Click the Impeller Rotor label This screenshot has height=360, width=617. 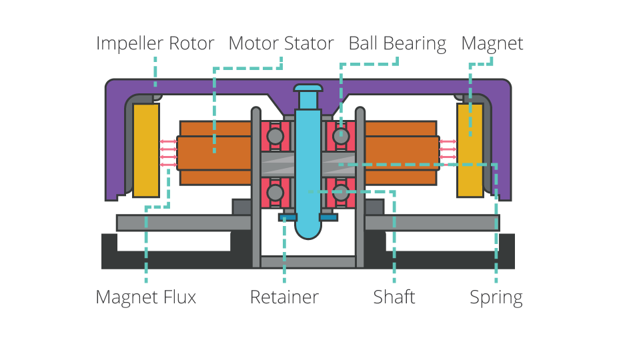(x=155, y=44)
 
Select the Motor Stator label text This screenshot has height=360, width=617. (x=281, y=44)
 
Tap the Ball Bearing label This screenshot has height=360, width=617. (x=397, y=44)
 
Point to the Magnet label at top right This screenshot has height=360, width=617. (x=492, y=44)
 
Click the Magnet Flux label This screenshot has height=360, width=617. (x=146, y=297)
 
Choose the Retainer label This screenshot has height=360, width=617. (x=284, y=297)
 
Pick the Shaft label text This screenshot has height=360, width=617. (x=394, y=297)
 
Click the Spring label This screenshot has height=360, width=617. (x=496, y=297)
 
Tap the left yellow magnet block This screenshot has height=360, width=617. (x=146, y=150)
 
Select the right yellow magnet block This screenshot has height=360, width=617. (x=470, y=150)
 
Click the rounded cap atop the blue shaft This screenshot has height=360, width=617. (x=307, y=87)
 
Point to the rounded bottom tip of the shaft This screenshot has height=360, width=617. (x=307, y=231)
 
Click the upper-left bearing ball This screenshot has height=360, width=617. (x=275, y=136)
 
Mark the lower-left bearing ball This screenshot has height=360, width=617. (x=275, y=193)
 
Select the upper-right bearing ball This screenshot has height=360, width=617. (x=340, y=136)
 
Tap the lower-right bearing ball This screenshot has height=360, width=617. (x=340, y=193)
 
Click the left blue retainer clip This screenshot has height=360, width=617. (x=288, y=217)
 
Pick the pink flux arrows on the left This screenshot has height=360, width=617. (x=168, y=153)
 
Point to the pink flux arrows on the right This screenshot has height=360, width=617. (x=448, y=153)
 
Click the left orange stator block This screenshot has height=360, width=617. (x=213, y=153)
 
